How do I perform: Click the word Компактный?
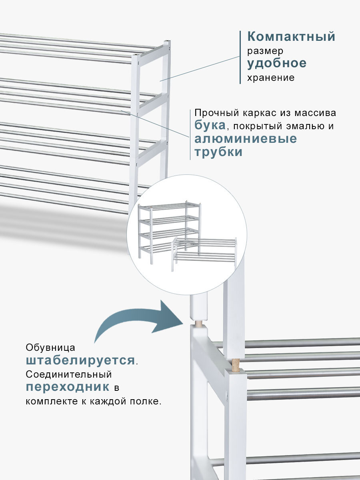[x=291, y=37]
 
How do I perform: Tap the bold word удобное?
[x=277, y=63]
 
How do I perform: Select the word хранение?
[x=271, y=78]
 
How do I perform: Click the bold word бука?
[x=210, y=125]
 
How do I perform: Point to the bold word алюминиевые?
[x=246, y=139]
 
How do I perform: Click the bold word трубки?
[x=218, y=152]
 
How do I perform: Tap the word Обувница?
[x=50, y=347]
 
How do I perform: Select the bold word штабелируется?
[x=80, y=360]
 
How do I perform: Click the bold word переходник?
[x=68, y=387]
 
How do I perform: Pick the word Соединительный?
[x=68, y=374]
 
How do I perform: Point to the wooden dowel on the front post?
[x=236, y=364]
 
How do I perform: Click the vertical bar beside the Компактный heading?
[x=240, y=57]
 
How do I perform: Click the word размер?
[x=265, y=51]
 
